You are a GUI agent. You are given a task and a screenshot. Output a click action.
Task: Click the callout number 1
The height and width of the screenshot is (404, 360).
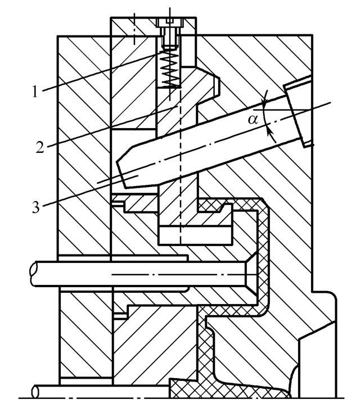click(35, 92)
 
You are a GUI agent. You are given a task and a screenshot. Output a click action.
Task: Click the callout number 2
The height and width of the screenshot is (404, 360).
click(40, 147)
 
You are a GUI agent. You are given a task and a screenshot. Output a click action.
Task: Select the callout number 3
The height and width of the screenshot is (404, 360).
click(36, 207)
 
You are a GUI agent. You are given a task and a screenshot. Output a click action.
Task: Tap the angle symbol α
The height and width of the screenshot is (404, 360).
click(253, 120)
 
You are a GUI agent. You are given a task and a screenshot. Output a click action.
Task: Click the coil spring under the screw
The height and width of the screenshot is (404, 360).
click(169, 69)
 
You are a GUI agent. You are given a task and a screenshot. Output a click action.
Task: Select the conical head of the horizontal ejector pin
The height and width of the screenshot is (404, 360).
click(251, 275)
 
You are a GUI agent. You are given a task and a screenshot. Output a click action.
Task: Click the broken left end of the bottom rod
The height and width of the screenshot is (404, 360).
click(35, 392)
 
